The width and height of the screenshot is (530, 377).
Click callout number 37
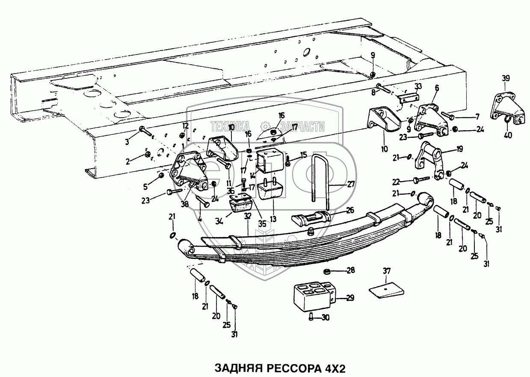click(x=386, y=270)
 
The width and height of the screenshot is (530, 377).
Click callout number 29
click(x=349, y=298)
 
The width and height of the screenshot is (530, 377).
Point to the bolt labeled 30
click(x=311, y=317)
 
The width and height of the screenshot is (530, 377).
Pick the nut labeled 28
click(x=327, y=270)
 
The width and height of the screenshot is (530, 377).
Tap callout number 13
click(x=273, y=219)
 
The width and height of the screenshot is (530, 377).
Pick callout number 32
click(x=247, y=217)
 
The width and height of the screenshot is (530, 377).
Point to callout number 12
click(x=185, y=125)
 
